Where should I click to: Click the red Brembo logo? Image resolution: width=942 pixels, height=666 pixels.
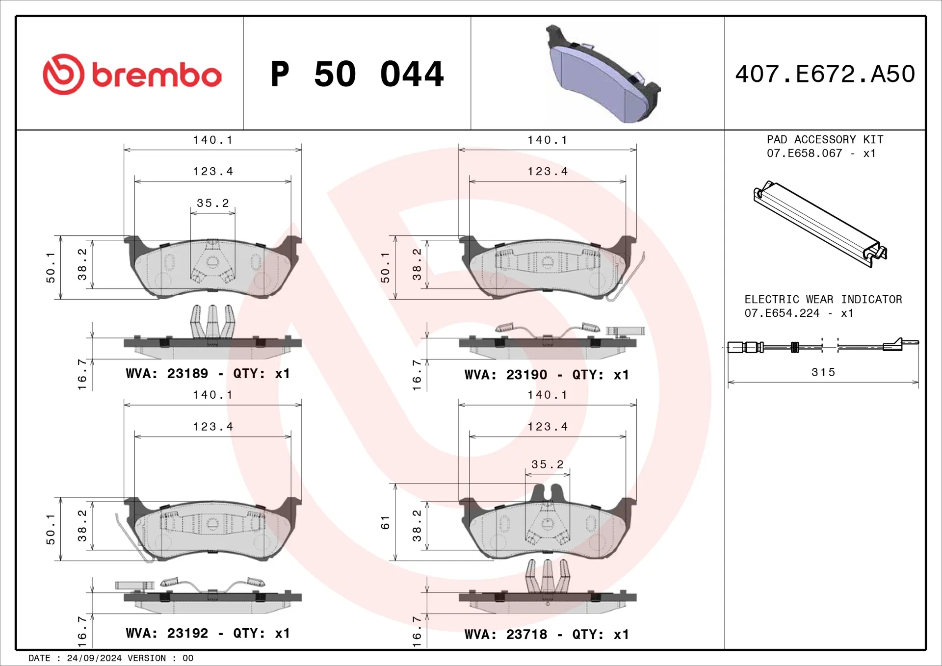[131, 75]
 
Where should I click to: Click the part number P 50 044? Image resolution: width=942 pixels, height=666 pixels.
[357, 75]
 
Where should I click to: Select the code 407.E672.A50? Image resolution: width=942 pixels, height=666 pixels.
[825, 74]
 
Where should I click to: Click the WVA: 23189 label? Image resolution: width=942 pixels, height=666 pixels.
[167, 374]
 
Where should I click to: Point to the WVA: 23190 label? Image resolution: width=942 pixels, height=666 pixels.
[506, 375]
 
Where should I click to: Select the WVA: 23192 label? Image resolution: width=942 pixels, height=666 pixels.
[167, 634]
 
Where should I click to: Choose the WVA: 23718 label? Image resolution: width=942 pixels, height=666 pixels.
[506, 635]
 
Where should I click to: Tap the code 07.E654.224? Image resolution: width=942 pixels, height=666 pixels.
[782, 313]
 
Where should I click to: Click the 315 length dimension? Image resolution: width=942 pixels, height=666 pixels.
[823, 372]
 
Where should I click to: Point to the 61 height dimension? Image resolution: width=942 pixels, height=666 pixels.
[385, 522]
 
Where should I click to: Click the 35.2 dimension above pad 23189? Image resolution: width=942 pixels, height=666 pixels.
[213, 203]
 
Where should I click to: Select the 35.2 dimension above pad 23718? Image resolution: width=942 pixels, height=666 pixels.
[548, 464]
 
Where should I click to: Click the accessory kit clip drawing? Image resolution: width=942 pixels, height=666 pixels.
[819, 223]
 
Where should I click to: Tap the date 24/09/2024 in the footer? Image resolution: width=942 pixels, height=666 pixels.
[94, 658]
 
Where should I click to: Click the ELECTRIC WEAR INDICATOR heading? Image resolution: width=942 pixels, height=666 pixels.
[823, 300]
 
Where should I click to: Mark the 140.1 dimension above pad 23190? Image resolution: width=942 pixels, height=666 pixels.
[548, 140]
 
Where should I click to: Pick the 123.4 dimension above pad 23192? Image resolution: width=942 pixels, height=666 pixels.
[213, 427]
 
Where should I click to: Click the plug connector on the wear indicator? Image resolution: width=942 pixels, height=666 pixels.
[745, 348]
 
